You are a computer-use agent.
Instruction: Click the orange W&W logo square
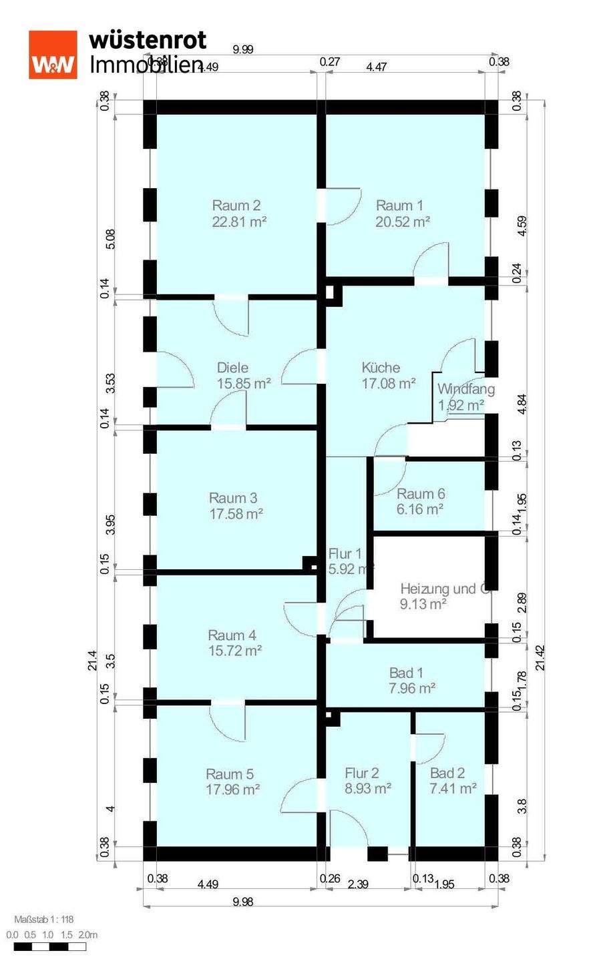[53, 55]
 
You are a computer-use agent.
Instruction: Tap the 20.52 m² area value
[402, 222]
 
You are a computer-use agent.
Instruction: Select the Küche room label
[381, 368]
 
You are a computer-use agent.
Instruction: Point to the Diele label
[232, 368]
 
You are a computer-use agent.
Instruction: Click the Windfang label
[465, 389]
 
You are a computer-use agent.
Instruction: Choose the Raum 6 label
[421, 494]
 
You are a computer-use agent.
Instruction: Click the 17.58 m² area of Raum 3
[236, 514]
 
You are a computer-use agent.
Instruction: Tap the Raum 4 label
[232, 635]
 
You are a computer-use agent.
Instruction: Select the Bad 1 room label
[406, 673]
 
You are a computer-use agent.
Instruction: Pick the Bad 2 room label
[447, 773]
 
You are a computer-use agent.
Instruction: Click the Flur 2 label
[362, 773]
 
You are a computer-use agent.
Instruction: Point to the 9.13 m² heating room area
[423, 605]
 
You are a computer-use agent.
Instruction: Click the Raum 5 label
[230, 774]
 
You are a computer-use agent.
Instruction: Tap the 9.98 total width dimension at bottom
[243, 902]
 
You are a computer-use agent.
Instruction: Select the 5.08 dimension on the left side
[111, 239]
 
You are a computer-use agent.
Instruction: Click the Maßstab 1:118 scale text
[43, 920]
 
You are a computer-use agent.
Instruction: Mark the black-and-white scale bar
[50, 946]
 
